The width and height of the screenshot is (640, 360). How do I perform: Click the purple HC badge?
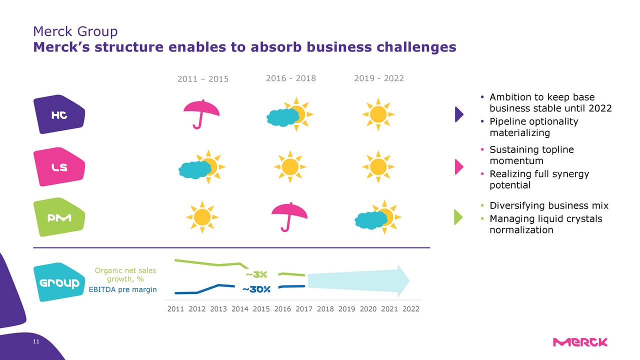tap(59, 114)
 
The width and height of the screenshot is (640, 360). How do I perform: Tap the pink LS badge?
tap(59, 167)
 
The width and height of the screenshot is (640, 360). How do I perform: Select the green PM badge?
tap(59, 218)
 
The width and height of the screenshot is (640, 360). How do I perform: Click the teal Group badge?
tap(59, 283)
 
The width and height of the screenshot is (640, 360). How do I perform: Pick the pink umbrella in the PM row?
tap(289, 215)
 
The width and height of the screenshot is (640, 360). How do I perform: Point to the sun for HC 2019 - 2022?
tap(378, 114)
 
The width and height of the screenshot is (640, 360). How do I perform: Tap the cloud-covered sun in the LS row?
tap(202, 167)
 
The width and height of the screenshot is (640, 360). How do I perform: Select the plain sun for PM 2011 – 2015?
tap(202, 217)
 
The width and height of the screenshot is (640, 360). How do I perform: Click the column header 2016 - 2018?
tap(290, 78)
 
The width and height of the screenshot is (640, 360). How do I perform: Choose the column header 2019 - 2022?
tap(378, 78)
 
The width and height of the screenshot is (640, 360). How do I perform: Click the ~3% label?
tap(256, 274)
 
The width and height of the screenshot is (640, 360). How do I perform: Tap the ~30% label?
tap(256, 289)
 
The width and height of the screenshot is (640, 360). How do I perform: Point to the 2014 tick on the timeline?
tap(239, 309)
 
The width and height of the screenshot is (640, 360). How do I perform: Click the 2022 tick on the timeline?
tap(411, 309)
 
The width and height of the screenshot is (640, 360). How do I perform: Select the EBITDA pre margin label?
tap(122, 289)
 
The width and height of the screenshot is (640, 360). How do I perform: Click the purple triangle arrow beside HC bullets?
tap(459, 114)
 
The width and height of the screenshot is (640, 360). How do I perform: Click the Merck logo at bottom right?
tap(580, 342)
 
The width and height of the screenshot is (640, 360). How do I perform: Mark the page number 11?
tap(35, 341)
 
